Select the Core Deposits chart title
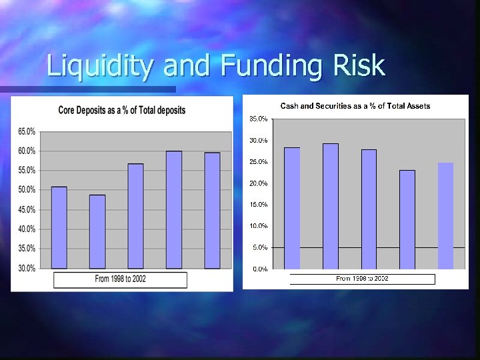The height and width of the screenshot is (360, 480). point(122,110)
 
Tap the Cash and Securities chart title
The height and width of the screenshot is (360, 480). point(355,106)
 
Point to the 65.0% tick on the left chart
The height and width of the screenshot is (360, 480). point(27,131)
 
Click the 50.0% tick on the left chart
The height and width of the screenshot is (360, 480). point(27,190)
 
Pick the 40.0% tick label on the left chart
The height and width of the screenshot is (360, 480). point(27,229)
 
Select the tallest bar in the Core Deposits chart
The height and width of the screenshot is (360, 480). point(174,210)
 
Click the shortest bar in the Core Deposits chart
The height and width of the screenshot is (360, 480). point(97,232)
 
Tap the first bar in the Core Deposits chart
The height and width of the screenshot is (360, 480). point(59,228)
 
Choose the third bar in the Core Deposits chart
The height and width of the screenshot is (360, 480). point(135,216)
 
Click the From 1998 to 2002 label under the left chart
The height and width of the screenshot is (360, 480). point(121,279)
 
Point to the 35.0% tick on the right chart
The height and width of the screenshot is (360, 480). point(259,119)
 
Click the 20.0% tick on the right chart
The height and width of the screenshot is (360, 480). point(259,183)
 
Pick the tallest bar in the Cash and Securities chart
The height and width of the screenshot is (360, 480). point(331,206)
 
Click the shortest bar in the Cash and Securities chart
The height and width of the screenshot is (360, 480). point(407,219)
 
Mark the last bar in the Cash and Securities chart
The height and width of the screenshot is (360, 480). point(445,216)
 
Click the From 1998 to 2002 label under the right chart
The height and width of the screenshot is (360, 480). point(362,279)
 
